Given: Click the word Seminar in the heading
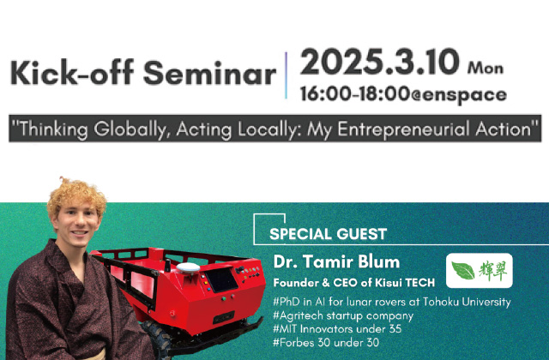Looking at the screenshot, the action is pyautogui.click(x=209, y=73).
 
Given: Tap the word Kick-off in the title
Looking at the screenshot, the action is pyautogui.click(x=72, y=73).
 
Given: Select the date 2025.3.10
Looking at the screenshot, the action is pyautogui.click(x=379, y=62).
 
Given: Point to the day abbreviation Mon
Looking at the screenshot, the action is pyautogui.click(x=486, y=68).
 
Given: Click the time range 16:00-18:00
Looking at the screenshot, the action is pyautogui.click(x=355, y=93).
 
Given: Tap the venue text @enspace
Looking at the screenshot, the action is pyautogui.click(x=459, y=95).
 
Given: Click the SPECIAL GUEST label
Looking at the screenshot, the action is pyautogui.click(x=328, y=234).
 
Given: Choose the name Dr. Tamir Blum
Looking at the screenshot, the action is pyautogui.click(x=336, y=261).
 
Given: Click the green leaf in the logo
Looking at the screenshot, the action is pyautogui.click(x=462, y=271).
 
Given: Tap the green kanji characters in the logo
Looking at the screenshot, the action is pyautogui.click(x=493, y=271).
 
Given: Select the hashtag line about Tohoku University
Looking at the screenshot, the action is pyautogui.click(x=392, y=302).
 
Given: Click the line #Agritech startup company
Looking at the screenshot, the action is pyautogui.click(x=343, y=315).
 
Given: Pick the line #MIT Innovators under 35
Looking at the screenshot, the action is pyautogui.click(x=337, y=329).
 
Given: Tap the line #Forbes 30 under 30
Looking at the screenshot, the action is pyautogui.click(x=326, y=342).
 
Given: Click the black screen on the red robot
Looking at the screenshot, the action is pyautogui.click(x=221, y=280).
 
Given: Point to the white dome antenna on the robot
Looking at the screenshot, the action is pyautogui.click(x=188, y=267).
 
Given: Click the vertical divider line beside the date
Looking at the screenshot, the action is pyautogui.click(x=286, y=75).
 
